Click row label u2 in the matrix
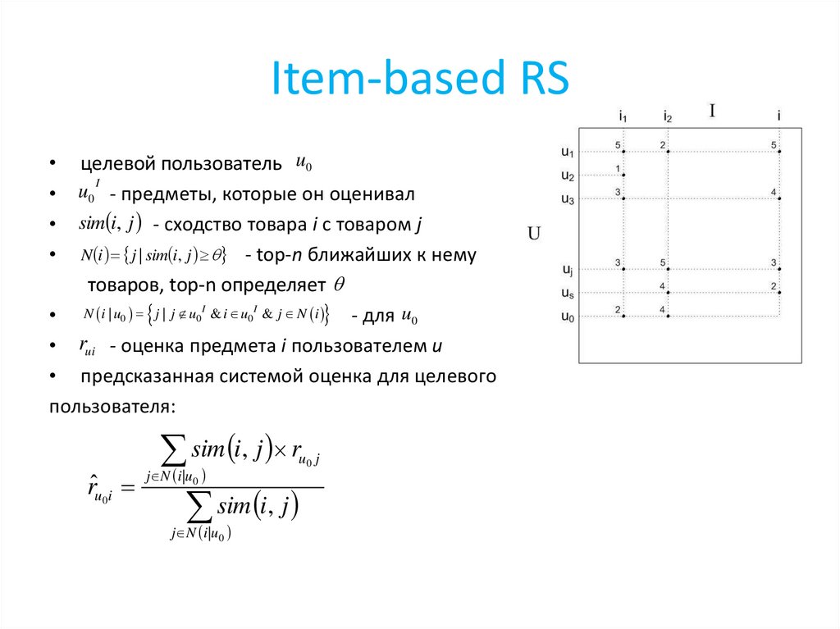click(568, 175)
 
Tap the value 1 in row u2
click(617, 169)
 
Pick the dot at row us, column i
click(779, 293)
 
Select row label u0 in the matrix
click(568, 317)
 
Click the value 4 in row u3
click(773, 193)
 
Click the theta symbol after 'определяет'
click(340, 285)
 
